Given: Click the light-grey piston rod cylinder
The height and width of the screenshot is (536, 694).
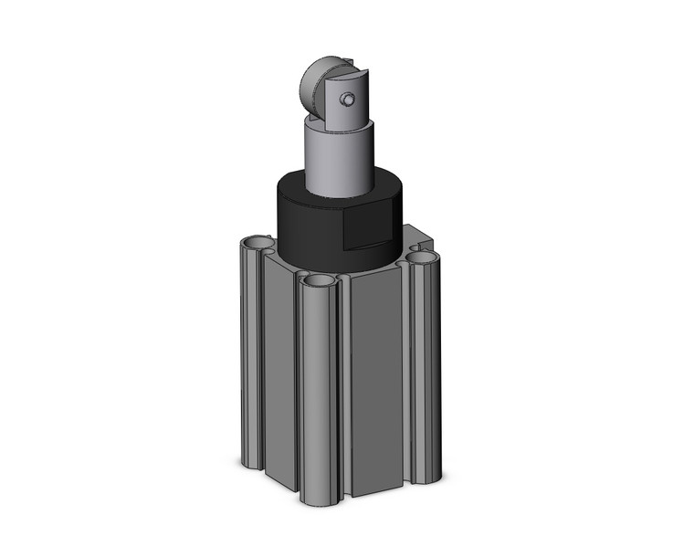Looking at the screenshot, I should point(340,160).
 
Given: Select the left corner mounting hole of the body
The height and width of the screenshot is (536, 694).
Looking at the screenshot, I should point(258,244).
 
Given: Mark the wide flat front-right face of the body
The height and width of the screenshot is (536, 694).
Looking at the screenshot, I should point(376,384).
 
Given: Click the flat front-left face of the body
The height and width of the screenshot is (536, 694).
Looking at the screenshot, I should point(279,365).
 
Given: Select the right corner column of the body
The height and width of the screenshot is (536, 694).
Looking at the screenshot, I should point(426,365).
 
